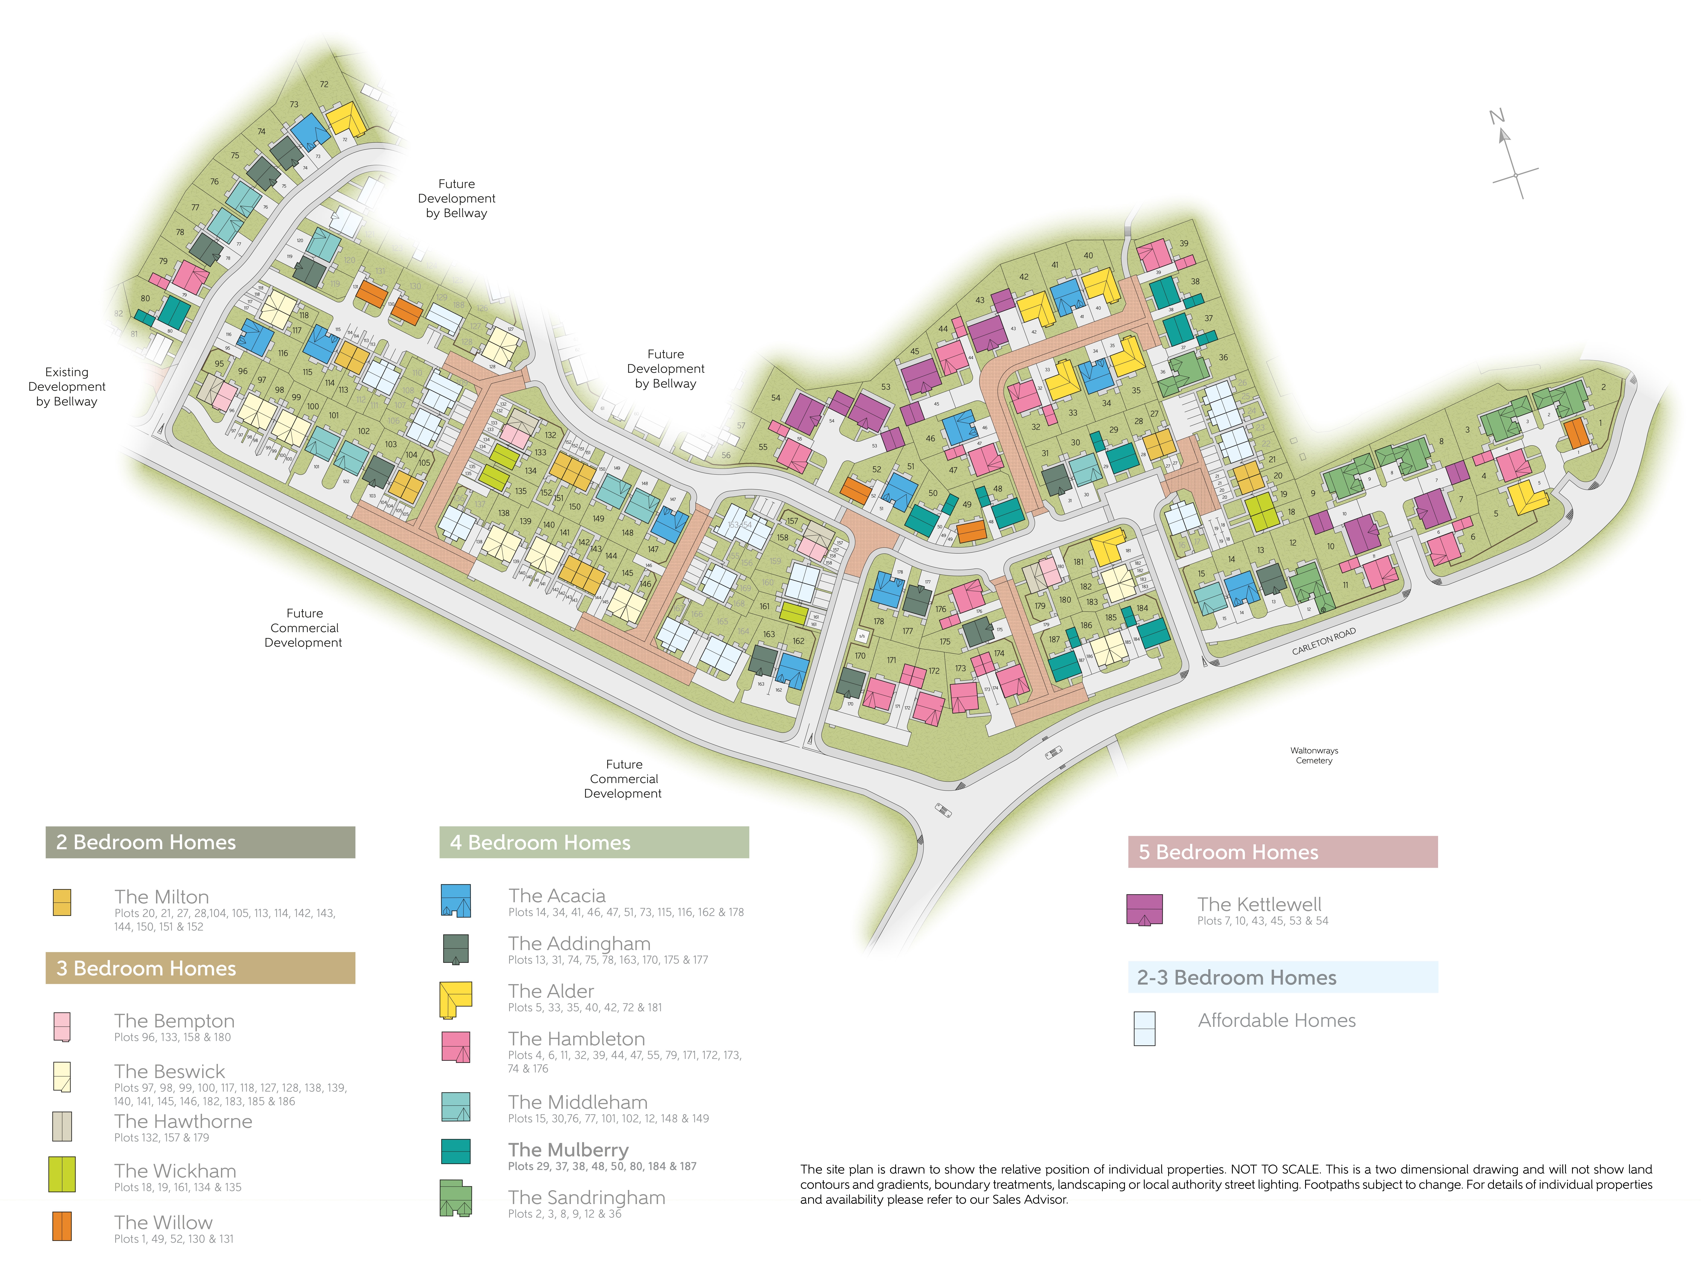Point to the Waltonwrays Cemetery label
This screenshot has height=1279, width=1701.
click(1313, 755)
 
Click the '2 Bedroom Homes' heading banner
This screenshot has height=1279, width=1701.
click(200, 842)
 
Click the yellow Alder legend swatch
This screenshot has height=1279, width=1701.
click(455, 998)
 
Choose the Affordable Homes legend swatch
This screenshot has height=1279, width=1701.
click(1144, 1028)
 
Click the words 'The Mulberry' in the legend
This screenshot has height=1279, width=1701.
click(568, 1150)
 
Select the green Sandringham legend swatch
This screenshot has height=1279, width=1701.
click(455, 1198)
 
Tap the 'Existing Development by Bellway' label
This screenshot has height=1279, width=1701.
click(67, 386)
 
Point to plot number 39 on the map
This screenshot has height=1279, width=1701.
click(1184, 243)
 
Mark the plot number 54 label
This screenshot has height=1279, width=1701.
click(775, 398)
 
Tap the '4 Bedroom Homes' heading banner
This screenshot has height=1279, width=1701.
click(594, 842)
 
